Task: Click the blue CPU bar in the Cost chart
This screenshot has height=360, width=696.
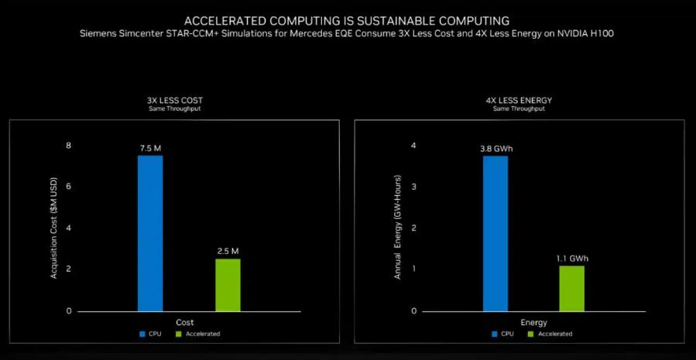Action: click(150, 233)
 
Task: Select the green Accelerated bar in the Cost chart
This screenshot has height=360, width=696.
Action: click(228, 285)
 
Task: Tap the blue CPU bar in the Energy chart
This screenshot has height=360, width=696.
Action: click(495, 234)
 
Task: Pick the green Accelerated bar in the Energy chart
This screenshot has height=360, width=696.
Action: click(571, 289)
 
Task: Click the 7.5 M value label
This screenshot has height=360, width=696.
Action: click(150, 149)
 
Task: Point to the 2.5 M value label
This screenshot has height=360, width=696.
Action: click(228, 252)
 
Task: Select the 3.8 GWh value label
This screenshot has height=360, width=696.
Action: click(495, 149)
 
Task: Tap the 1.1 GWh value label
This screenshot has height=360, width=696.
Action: click(572, 259)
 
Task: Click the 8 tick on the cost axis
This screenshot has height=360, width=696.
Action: click(68, 146)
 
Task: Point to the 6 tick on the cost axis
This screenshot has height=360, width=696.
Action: click(68, 187)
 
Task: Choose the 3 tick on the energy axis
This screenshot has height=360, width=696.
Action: click(413, 187)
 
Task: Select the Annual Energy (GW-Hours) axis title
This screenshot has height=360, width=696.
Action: click(398, 228)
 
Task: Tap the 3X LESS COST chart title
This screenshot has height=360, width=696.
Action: click(174, 101)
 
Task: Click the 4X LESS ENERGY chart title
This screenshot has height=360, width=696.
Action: click(519, 101)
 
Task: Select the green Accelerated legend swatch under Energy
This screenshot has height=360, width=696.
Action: click(530, 334)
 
